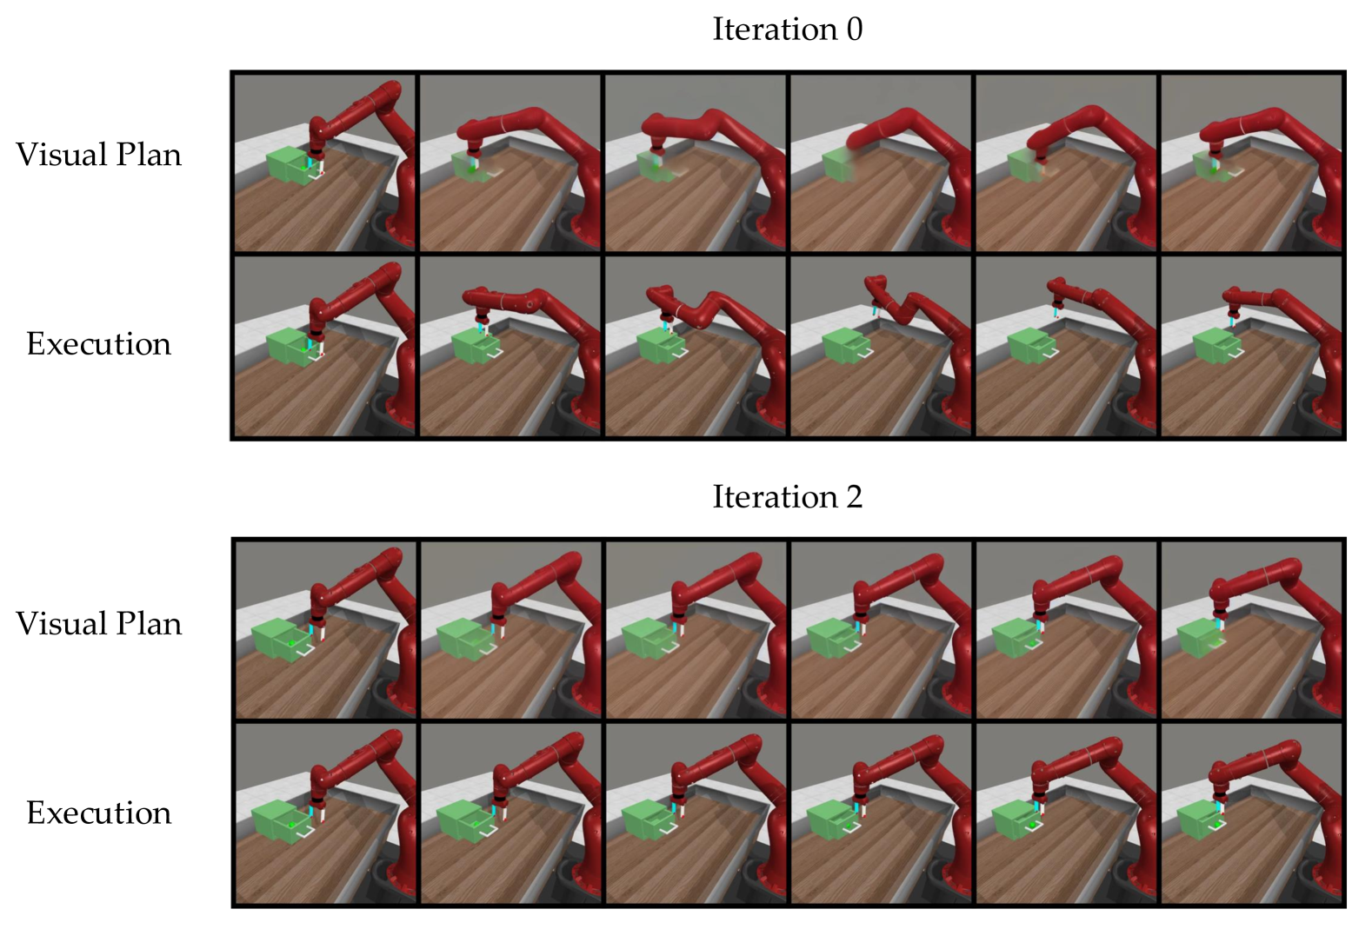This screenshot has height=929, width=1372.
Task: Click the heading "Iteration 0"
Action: [x=787, y=29]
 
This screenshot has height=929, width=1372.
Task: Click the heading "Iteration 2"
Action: [x=787, y=496]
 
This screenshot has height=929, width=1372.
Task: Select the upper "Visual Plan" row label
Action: [x=98, y=155]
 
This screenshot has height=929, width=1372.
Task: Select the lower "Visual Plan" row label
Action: [x=98, y=623]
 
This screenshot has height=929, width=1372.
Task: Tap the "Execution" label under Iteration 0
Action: [x=98, y=343]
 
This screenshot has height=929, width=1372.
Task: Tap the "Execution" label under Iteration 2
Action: [x=98, y=813]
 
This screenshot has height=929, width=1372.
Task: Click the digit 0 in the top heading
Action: [x=855, y=30]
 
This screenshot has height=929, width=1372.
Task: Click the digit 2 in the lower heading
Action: [x=855, y=496]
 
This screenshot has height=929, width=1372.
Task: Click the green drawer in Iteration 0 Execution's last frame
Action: [x=1216, y=346]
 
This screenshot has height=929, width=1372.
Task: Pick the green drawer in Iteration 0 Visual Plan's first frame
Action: [x=290, y=165]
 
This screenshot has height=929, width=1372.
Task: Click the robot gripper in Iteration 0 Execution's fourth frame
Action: [x=876, y=310]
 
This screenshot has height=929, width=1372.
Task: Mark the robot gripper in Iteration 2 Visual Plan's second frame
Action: [x=498, y=629]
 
